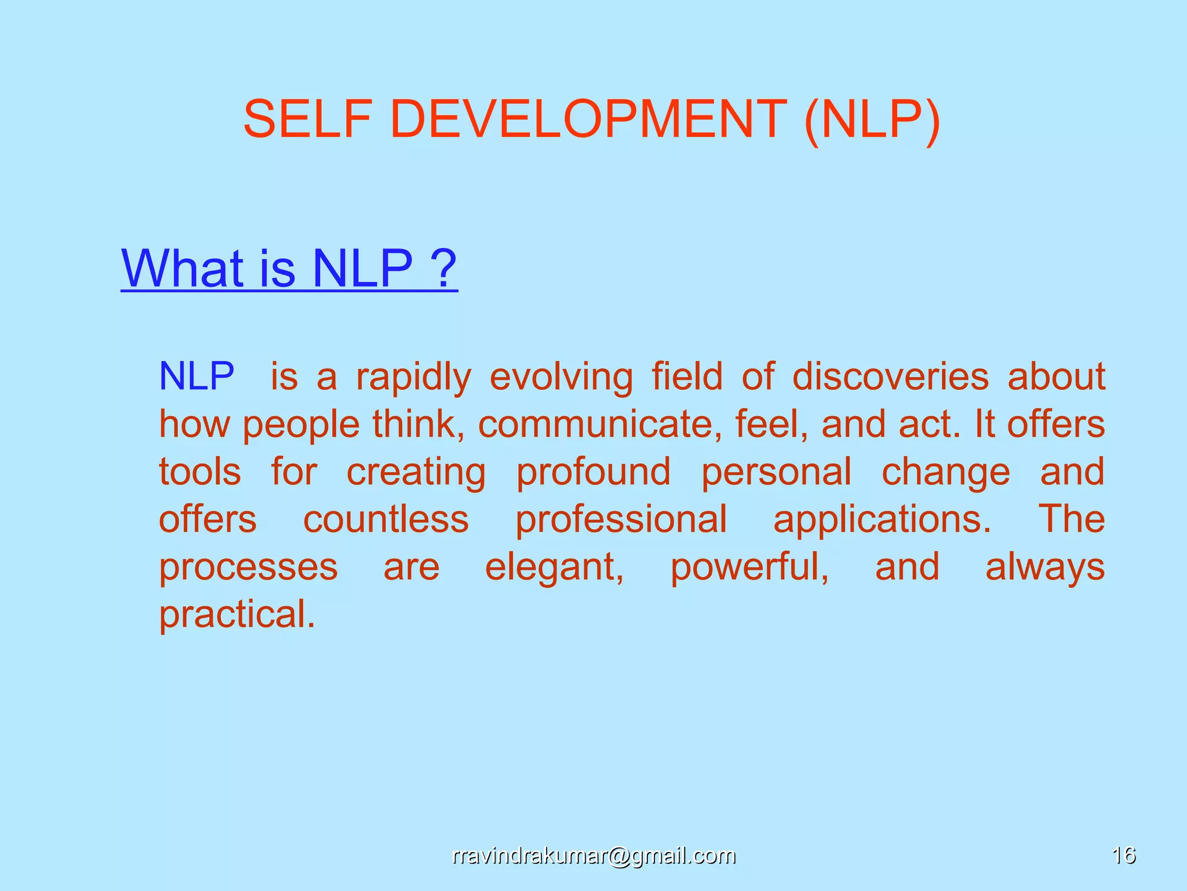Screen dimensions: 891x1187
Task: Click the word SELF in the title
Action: pyautogui.click(x=307, y=119)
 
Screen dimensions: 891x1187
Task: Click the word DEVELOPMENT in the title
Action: pyautogui.click(x=588, y=119)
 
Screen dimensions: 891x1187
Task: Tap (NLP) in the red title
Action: pyautogui.click(x=872, y=120)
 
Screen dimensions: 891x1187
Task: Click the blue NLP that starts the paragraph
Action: pyautogui.click(x=196, y=376)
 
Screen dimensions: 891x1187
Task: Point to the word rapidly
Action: pyautogui.click(x=413, y=378)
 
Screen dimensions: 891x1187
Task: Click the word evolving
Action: pyautogui.click(x=561, y=378)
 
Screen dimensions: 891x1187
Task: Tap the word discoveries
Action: pyautogui.click(x=890, y=376)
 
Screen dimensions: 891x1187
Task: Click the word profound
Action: pyautogui.click(x=593, y=472)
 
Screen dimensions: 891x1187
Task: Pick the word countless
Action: pyautogui.click(x=386, y=519)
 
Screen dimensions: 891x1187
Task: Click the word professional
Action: pyautogui.click(x=621, y=519)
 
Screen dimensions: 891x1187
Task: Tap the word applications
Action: pyautogui.click(x=882, y=520)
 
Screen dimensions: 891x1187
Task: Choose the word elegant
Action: pyautogui.click(x=554, y=567)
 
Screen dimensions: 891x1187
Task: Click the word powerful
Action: pyautogui.click(x=749, y=567)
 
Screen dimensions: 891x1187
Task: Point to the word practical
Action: pyautogui.click(x=237, y=615)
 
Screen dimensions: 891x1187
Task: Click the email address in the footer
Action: pyautogui.click(x=593, y=856)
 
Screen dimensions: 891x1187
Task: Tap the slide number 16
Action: pyautogui.click(x=1123, y=856)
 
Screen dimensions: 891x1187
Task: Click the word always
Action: pyautogui.click(x=1045, y=567)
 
